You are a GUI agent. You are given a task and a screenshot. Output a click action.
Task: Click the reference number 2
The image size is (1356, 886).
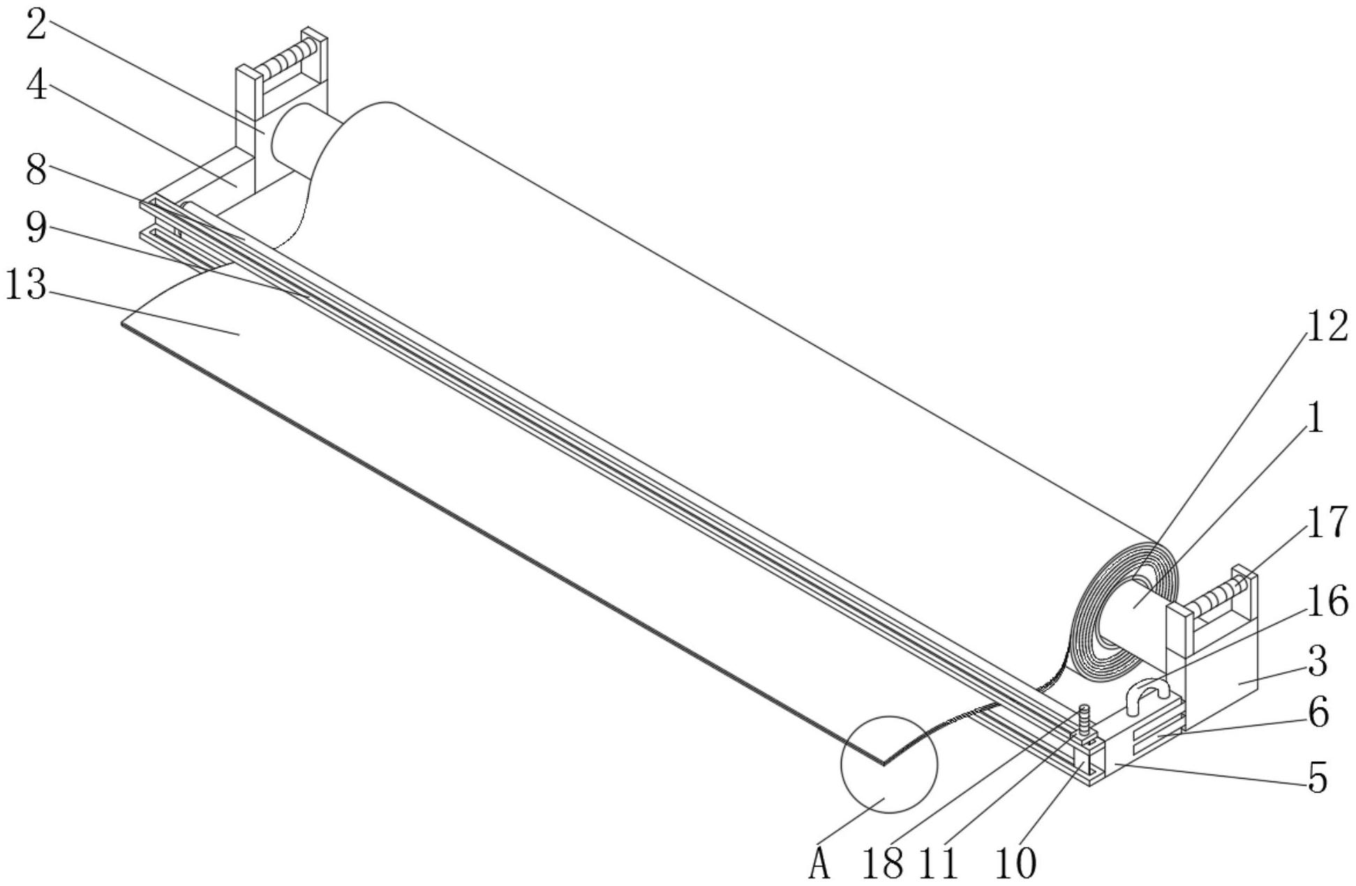[36, 25]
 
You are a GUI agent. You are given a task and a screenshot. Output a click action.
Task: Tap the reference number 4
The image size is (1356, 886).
[37, 85]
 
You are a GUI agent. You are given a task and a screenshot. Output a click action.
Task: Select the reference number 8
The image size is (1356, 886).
[36, 169]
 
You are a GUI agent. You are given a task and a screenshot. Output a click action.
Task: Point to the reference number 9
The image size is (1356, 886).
[36, 227]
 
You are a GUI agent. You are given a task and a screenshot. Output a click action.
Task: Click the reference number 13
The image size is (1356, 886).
[26, 284]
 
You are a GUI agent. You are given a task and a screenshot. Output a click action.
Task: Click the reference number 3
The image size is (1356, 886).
[1317, 661]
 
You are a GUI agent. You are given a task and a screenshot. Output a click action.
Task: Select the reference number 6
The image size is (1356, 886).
[1318, 712]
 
